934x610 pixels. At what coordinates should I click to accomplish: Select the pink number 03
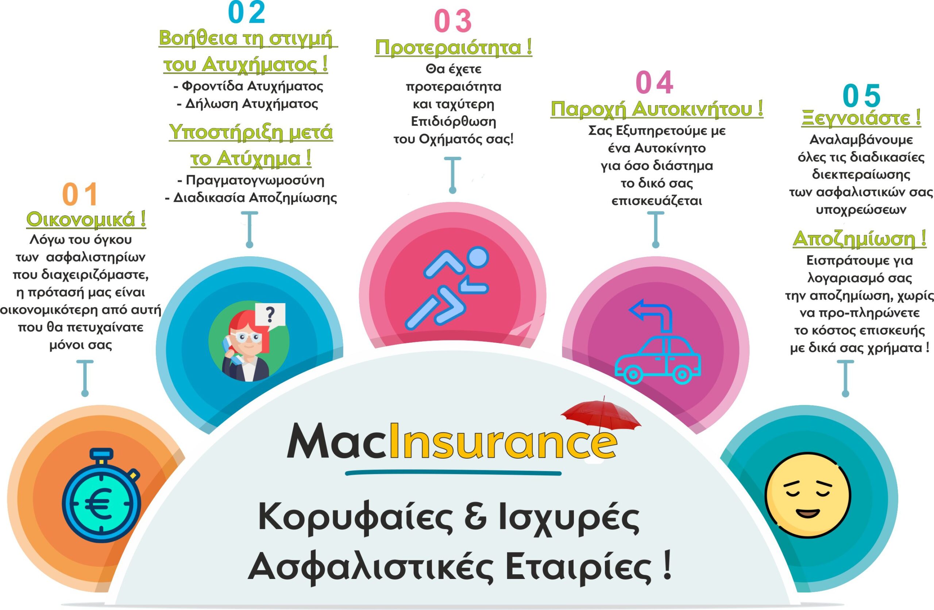pos(453,21)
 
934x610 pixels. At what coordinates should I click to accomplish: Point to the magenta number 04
pos(654,82)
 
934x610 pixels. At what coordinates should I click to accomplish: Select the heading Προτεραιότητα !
pos(454,47)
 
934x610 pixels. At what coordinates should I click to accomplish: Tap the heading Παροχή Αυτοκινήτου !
pos(657,109)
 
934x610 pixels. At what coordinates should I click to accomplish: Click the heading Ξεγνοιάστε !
pos(861,118)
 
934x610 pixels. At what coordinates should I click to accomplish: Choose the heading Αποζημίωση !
pos(860,239)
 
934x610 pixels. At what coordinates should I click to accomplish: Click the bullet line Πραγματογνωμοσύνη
pos(251,180)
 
